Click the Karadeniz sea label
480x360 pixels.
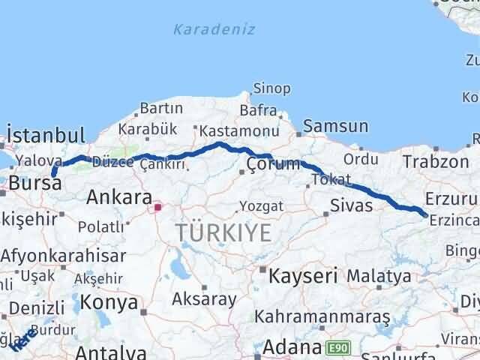coord(214,30)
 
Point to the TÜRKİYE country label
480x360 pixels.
coord(224,233)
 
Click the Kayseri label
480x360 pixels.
coord(304,275)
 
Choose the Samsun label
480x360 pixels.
coord(335,127)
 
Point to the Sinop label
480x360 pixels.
coord(271,89)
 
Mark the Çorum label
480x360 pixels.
coord(274,164)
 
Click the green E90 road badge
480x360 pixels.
coord(337,348)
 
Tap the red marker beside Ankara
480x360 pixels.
coord(157,206)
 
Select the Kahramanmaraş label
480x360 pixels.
coord(322,318)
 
